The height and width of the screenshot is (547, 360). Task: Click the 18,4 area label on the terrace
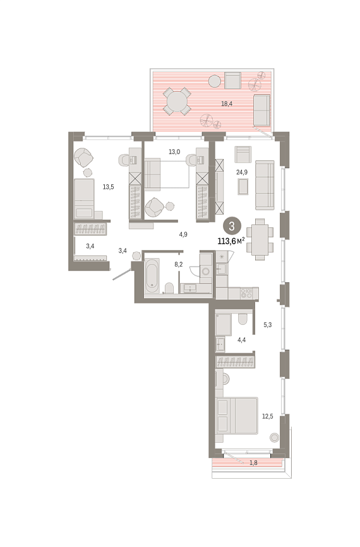point(227,104)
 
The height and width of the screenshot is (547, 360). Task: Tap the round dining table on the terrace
point(176,101)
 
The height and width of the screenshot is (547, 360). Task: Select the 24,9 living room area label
point(242,172)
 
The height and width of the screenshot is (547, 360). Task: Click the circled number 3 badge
point(232,226)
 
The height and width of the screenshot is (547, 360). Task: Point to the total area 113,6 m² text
point(231,241)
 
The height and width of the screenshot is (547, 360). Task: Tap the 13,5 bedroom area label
point(108,187)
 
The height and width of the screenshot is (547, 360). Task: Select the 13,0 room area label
point(174,152)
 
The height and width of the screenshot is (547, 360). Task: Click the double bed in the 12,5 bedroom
point(237,416)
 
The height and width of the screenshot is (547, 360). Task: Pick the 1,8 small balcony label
point(254,463)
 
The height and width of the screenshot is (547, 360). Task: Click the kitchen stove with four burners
point(246,293)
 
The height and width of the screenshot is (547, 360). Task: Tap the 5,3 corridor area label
point(268,325)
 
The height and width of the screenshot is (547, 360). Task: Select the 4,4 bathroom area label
point(241,340)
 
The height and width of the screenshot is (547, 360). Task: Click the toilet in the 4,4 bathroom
point(243,318)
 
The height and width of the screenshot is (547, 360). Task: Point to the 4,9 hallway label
point(183,234)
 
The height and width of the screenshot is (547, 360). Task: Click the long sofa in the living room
point(265,185)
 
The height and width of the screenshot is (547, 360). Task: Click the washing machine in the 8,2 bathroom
point(206,271)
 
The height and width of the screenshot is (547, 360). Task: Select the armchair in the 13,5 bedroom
point(84,157)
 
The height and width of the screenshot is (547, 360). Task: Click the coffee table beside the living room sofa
point(243,186)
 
